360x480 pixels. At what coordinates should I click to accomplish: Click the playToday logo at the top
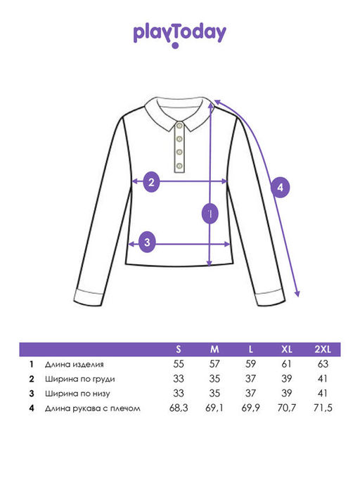point(179,34)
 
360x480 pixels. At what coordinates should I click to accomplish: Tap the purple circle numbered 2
point(151,182)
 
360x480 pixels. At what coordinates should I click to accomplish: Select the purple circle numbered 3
point(147,242)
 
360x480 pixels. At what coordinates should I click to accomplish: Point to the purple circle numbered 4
point(281,187)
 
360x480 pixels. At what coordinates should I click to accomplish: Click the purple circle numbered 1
point(210,214)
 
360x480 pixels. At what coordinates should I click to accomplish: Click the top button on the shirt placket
point(179,126)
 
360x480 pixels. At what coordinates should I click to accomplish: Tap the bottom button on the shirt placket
point(179,166)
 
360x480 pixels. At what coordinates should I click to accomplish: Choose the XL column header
point(286,349)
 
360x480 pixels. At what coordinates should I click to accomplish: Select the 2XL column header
point(323,349)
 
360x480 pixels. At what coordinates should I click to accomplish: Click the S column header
point(179,349)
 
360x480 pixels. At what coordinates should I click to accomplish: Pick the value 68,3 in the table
point(179,408)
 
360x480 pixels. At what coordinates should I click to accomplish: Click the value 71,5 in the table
point(323,408)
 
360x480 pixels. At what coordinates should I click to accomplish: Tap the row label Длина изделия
point(74,364)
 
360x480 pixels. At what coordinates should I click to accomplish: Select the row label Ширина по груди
point(80,379)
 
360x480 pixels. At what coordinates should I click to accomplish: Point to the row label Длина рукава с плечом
point(93,408)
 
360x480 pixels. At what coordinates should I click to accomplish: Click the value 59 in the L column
point(250,364)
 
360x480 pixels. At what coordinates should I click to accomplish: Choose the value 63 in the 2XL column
point(323,364)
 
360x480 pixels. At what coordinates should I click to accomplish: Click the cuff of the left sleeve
point(89,297)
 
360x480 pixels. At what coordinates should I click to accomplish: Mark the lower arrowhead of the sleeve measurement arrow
point(297,293)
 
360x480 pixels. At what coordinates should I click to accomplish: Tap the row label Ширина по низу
point(77,394)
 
